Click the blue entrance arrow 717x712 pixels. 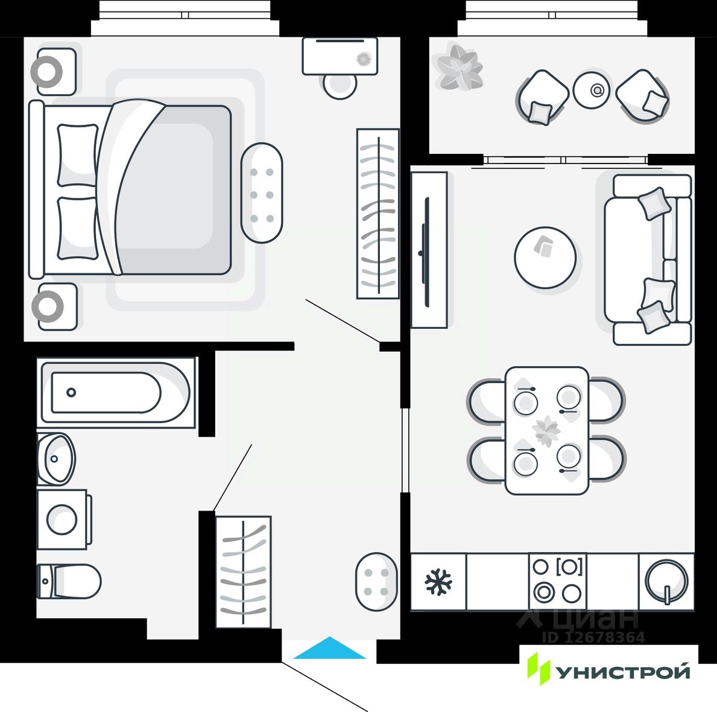(x=329, y=649)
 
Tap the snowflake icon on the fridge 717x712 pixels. (x=438, y=582)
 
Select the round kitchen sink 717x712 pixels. (x=666, y=582)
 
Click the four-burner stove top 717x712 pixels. (x=557, y=582)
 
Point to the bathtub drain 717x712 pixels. (x=71, y=392)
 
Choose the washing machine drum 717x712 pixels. (x=62, y=520)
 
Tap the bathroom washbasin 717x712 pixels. (x=56, y=459)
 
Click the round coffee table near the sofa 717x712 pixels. (x=545, y=258)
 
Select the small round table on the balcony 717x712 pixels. (x=592, y=90)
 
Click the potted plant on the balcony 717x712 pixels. (x=458, y=67)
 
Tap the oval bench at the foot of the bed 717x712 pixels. (x=262, y=193)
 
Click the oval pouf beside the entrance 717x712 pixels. (x=376, y=582)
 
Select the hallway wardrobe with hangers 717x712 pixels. (x=244, y=571)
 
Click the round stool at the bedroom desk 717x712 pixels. (x=340, y=85)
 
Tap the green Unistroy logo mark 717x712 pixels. (x=539, y=669)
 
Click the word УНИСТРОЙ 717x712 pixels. (x=622, y=672)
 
